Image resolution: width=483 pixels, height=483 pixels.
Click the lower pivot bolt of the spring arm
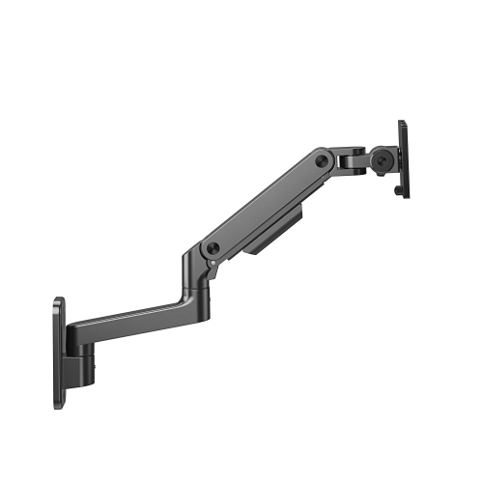212,248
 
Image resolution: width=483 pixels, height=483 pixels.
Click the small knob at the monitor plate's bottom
397,193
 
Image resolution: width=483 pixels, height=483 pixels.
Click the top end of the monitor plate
401,124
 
